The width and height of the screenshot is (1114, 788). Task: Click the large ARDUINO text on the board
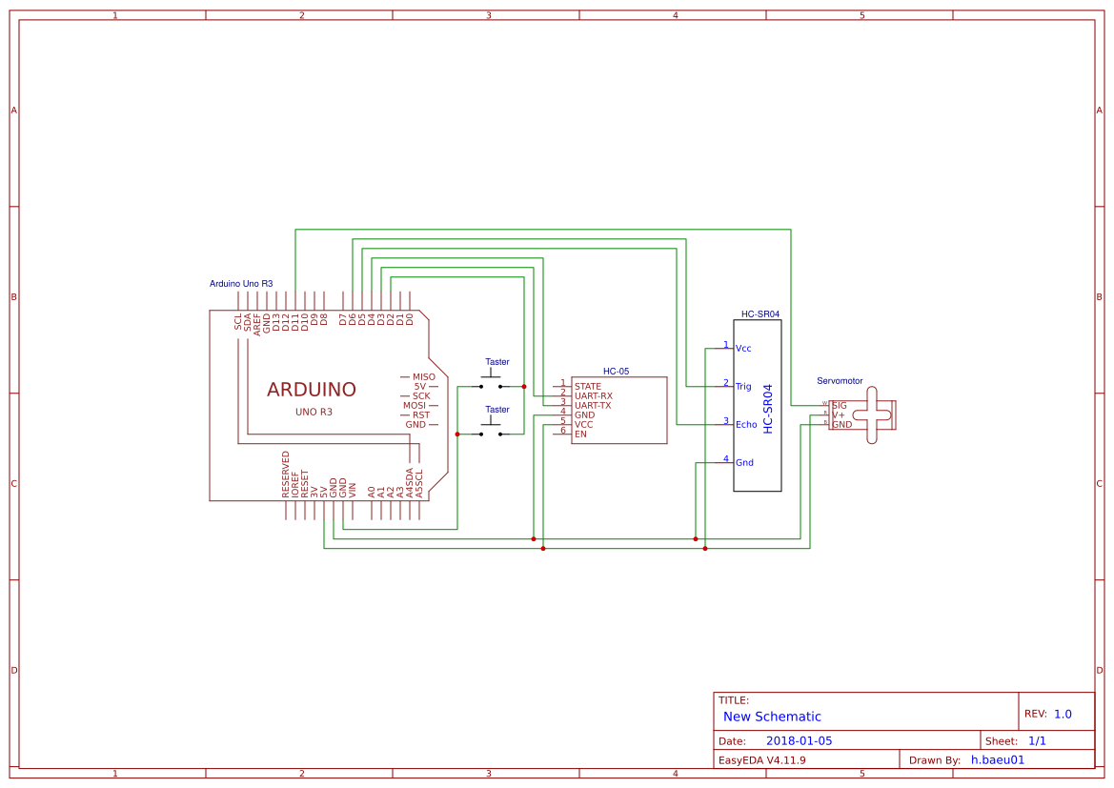coord(311,390)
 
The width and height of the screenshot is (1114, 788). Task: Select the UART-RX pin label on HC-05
coord(593,395)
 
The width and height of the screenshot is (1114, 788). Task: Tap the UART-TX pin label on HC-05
coord(593,405)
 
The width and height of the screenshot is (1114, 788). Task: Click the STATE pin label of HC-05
coord(587,386)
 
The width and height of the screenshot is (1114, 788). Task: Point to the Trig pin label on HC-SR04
coord(743,387)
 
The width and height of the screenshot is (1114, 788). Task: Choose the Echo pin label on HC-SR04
coord(746,425)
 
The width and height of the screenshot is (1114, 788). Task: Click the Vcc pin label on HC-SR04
coord(743,349)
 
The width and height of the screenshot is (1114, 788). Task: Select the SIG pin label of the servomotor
coord(839,405)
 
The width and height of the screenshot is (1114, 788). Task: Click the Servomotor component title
coord(840,381)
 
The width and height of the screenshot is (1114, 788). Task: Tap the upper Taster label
coord(497,362)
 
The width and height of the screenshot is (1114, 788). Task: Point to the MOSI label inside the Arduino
coord(415,405)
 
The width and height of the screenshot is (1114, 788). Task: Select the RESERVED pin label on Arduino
coord(286,475)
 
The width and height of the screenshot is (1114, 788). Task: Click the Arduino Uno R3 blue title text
coord(241,284)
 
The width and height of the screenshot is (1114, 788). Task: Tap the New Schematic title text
coord(772,717)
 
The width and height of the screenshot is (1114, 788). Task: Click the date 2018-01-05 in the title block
coord(799,740)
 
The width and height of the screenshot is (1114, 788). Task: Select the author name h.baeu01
coord(997,760)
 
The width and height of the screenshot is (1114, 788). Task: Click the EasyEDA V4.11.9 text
coord(761,760)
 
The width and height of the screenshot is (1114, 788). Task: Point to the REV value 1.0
coord(1063,714)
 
